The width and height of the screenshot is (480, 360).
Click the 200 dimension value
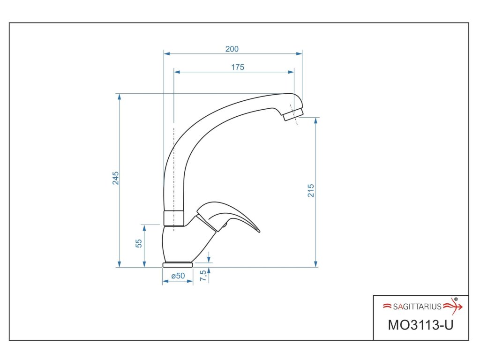(x=232, y=49)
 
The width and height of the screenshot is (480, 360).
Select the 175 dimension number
(x=238, y=67)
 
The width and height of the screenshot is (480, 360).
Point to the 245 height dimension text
(x=115, y=178)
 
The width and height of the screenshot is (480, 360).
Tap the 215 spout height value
(x=311, y=190)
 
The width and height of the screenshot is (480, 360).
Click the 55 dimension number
(x=139, y=243)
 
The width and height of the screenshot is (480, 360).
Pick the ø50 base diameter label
(x=178, y=276)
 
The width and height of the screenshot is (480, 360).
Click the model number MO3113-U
(x=420, y=324)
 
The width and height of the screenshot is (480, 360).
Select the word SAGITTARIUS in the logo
(x=417, y=307)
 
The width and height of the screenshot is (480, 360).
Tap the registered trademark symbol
(x=456, y=299)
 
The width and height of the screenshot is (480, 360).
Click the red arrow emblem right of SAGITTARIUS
(x=453, y=306)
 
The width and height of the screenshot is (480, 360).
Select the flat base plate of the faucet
(x=178, y=265)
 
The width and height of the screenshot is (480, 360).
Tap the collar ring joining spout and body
(x=173, y=218)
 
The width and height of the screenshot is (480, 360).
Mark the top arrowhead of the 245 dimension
(x=120, y=97)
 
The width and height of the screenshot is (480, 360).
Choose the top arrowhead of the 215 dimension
(x=316, y=120)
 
